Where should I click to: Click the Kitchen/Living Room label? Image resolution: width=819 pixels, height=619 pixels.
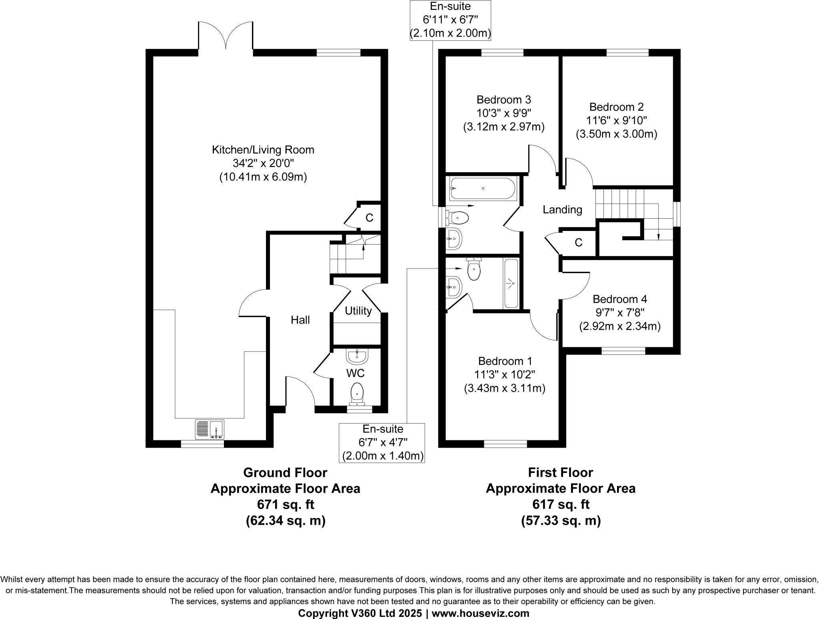[263, 150]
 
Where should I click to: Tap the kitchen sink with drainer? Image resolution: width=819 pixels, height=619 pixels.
[210, 429]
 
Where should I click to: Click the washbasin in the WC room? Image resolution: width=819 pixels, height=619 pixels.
[357, 356]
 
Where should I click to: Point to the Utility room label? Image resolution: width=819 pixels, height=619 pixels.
[358, 311]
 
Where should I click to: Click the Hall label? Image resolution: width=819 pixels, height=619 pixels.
[300, 320]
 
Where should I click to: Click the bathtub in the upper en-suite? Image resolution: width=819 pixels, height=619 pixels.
[483, 189]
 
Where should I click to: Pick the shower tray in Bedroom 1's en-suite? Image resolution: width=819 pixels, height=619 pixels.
[511, 283]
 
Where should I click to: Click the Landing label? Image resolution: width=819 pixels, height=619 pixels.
[562, 209]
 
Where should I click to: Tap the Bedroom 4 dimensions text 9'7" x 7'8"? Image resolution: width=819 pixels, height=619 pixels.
[619, 312]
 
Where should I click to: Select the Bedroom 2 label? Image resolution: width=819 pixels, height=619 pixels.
[616, 107]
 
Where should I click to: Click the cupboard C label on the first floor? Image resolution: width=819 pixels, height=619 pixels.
[578, 243]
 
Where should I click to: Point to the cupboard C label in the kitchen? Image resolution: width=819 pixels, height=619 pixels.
[369, 218]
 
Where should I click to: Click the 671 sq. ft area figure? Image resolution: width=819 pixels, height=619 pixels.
[285, 504]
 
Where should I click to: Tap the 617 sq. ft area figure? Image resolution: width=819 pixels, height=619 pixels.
[560, 504]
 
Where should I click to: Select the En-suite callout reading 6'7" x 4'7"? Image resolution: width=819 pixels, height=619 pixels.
[382, 442]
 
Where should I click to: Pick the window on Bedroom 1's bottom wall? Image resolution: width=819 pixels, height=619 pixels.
[505, 444]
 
